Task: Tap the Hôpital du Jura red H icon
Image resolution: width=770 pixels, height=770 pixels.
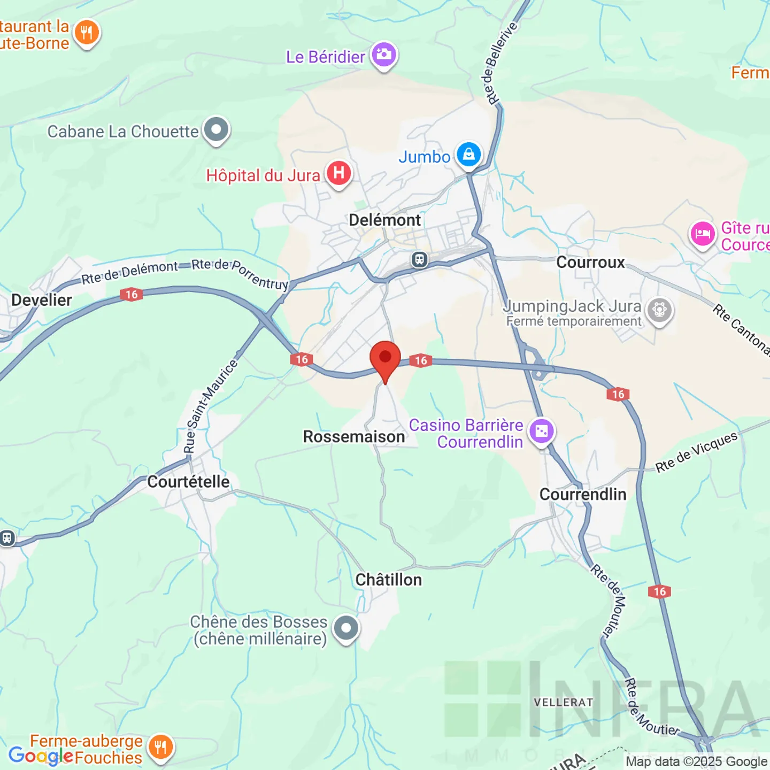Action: tap(339, 173)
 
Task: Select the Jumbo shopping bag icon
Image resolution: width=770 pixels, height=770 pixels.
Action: tap(469, 155)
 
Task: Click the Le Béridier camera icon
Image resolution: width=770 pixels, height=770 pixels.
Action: tap(384, 55)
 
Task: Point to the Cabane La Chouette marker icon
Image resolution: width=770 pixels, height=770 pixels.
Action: tap(217, 130)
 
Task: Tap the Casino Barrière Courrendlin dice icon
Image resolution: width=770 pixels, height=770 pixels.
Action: tap(542, 431)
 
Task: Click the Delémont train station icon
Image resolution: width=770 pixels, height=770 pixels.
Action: tap(420, 260)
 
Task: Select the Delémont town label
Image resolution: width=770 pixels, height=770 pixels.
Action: tap(384, 220)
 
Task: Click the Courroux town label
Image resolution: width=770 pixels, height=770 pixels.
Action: tap(590, 262)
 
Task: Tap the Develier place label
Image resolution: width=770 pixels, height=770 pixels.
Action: tap(42, 300)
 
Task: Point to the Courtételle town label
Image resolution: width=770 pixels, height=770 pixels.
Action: tap(188, 481)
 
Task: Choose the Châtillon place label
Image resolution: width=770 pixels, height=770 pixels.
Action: tap(389, 580)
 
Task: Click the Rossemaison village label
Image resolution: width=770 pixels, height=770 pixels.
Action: tap(354, 436)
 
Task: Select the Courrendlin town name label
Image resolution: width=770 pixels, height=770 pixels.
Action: tap(583, 494)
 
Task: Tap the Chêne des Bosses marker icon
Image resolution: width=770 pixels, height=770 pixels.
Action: tap(346, 628)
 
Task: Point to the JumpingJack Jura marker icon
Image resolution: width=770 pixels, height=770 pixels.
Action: tap(659, 310)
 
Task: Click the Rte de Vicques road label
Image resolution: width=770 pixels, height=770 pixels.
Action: tap(697, 452)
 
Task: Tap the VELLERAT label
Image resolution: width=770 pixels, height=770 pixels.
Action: tap(564, 702)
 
